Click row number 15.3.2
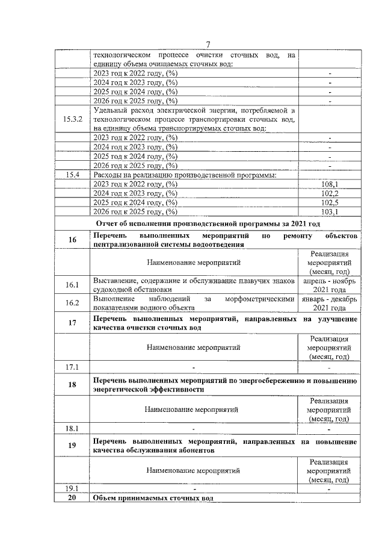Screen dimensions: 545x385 tap(72, 119)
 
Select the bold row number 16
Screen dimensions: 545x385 tap(72, 240)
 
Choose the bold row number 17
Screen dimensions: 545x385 tap(72, 323)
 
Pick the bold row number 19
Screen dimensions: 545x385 tap(72, 446)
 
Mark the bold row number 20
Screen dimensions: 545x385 tap(72, 498)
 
